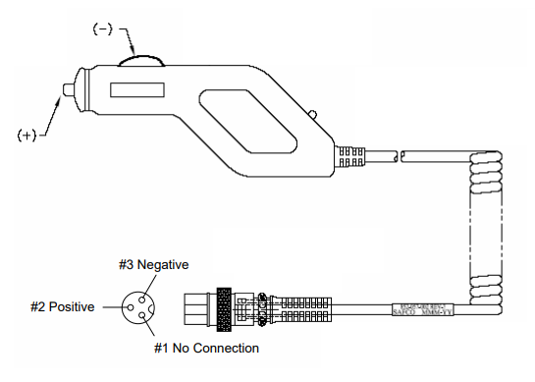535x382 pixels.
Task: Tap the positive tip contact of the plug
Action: coord(65,91)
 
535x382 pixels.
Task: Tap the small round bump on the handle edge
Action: coord(311,117)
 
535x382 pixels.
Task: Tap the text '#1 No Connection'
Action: coord(206,348)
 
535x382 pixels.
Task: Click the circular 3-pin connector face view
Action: coord(135,306)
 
